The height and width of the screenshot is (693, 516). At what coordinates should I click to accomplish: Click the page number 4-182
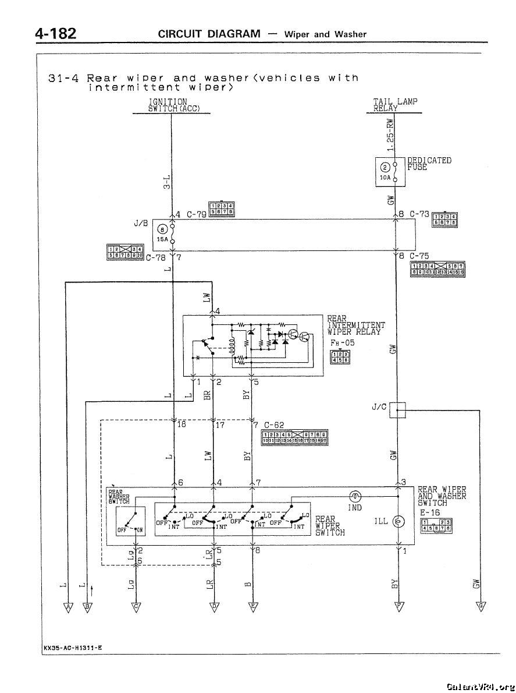56,33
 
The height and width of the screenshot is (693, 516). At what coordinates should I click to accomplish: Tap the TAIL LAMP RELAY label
395,105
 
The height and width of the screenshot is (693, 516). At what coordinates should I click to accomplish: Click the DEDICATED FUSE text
429,164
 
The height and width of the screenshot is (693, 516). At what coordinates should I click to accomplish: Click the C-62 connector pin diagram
295,437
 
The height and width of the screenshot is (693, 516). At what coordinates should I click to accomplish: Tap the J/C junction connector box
397,411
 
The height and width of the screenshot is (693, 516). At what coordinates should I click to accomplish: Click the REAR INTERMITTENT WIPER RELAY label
355,325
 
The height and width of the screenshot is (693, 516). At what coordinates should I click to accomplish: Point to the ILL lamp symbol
398,521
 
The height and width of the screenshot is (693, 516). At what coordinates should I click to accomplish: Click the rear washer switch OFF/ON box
130,521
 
